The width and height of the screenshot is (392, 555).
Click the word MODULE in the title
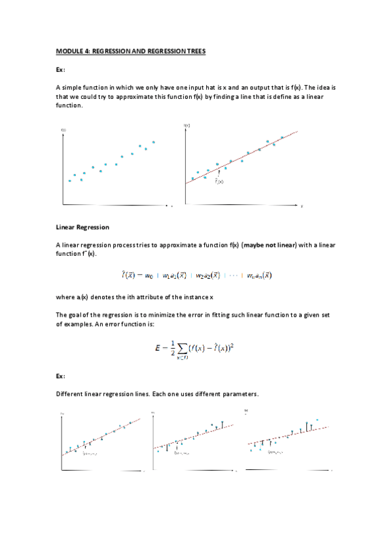coord(68,50)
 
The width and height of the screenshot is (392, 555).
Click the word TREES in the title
coord(194,50)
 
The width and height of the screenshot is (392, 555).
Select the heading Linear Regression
coord(82,227)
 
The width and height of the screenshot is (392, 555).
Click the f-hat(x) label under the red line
coord(219,181)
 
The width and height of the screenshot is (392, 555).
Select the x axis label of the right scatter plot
coord(302,206)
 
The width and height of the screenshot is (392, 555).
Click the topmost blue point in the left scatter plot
coord(154,141)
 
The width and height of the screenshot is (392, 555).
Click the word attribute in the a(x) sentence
coord(159,296)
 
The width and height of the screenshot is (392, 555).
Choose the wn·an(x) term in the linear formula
coord(257,276)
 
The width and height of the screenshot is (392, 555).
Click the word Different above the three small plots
coord(69,393)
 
